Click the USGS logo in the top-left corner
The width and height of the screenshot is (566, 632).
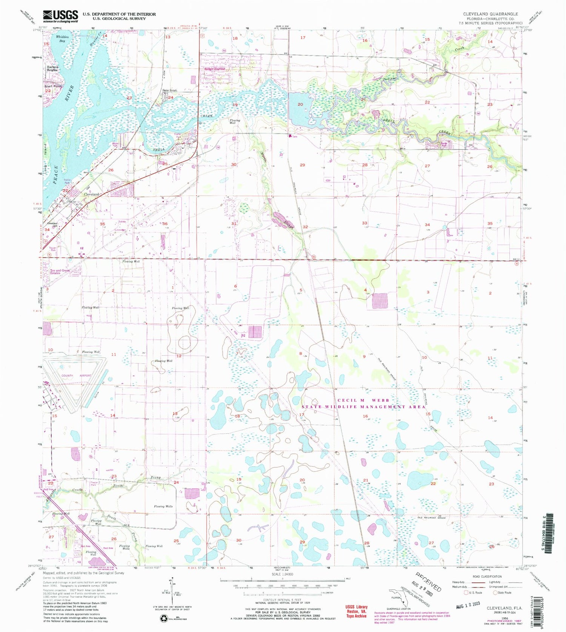[60, 16]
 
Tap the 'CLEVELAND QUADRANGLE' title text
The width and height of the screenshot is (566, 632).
[491, 14]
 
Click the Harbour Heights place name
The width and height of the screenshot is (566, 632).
[52, 69]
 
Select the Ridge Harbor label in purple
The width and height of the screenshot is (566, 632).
[214, 69]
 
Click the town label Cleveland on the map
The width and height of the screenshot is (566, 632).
[91, 194]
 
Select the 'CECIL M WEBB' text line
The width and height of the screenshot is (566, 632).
[363, 400]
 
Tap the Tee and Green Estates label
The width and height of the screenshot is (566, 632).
[60, 272]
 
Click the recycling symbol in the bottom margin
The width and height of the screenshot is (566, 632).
[165, 618]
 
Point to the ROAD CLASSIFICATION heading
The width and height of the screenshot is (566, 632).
[487, 576]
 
